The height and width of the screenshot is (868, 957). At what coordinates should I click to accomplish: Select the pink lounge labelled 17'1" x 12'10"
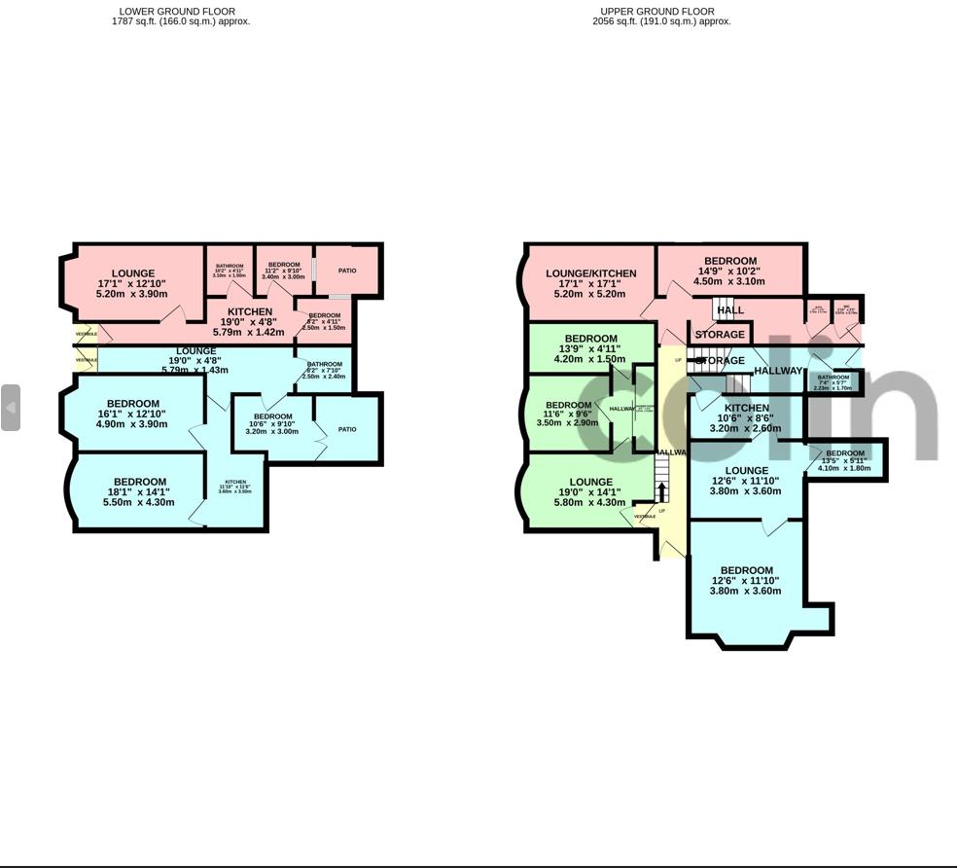click(132, 283)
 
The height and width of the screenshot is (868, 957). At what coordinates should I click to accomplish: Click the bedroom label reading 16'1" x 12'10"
click(132, 414)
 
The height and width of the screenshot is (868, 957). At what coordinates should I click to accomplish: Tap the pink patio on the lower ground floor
click(347, 271)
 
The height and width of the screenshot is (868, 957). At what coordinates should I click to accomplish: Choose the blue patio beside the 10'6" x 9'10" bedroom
click(347, 429)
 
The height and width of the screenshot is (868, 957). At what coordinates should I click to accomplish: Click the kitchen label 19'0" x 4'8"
click(249, 322)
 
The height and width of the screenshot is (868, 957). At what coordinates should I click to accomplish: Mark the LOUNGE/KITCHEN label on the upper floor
click(590, 283)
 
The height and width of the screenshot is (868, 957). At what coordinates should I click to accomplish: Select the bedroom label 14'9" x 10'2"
click(729, 271)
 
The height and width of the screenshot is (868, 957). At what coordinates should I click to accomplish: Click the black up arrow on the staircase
click(662, 492)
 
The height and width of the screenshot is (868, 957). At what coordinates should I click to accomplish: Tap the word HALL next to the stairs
click(729, 310)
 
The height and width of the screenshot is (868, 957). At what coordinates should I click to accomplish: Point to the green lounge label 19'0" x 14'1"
click(590, 492)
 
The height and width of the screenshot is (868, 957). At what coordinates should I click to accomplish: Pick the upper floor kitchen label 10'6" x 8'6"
click(746, 417)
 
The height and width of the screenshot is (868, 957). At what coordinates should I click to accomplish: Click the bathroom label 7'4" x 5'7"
click(833, 382)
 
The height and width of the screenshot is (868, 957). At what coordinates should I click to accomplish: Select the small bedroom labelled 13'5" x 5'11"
click(844, 460)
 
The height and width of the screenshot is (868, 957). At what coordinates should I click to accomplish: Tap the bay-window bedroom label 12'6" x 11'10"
click(746, 581)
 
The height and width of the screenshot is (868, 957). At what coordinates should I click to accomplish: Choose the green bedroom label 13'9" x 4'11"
click(590, 348)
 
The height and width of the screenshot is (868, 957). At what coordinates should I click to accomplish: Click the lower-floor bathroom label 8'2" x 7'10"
click(324, 370)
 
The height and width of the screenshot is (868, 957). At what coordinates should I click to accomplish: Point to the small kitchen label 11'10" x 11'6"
click(235, 487)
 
